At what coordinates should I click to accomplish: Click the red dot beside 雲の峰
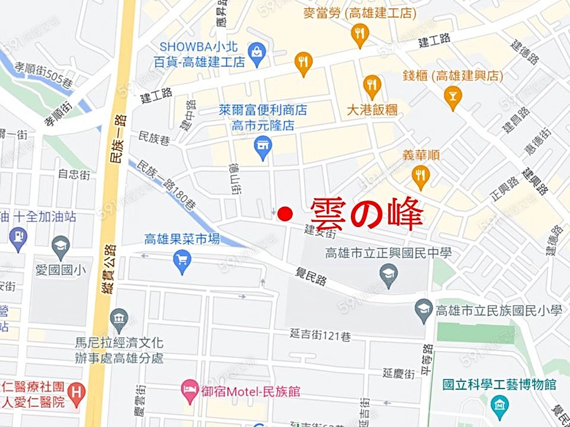[286, 213]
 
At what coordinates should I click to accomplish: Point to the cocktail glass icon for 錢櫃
[453, 96]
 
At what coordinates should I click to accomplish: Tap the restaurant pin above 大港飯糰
[372, 85]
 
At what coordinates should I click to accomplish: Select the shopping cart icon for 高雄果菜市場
[182, 259]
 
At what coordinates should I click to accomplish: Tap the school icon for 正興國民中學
[388, 274]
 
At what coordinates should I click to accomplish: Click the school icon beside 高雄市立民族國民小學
[424, 309]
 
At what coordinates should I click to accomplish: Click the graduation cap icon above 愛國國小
[61, 245]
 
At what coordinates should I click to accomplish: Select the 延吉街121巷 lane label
[320, 335]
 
